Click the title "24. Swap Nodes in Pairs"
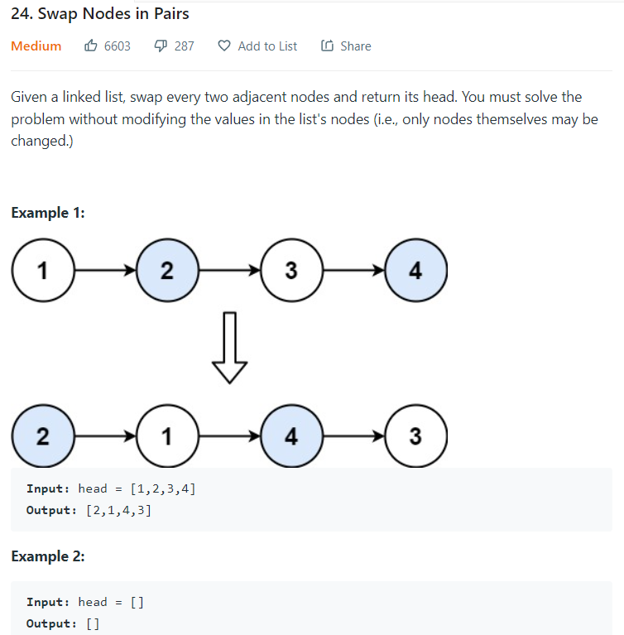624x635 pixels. pos(100,14)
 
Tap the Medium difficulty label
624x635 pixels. pos(36,46)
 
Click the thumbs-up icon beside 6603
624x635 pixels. pos(91,46)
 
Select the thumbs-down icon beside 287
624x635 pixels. pos(161,46)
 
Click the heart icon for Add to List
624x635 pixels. pos(224,46)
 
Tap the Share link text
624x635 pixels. pos(355,46)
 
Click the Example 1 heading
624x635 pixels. pos(48,213)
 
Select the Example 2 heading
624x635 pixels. pos(48,556)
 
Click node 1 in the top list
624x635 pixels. pos(42,271)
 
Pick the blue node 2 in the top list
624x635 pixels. pos(166,271)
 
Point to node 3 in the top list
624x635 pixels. pos(291,271)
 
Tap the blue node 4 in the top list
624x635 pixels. pos(415,271)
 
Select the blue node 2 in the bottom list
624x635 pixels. pos(42,436)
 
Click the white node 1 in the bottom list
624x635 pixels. pos(166,436)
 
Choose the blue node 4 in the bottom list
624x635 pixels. pos(291,436)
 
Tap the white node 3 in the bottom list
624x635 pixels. pos(415,436)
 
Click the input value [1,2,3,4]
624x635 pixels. pos(163,488)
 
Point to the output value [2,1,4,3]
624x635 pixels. pos(118,510)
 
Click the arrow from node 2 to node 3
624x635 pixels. pos(228,271)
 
